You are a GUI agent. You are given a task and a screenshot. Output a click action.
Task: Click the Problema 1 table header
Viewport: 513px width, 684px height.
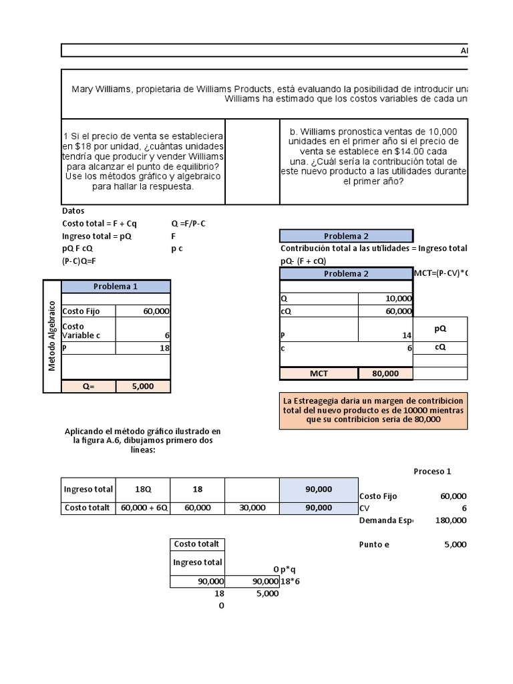point(116,287)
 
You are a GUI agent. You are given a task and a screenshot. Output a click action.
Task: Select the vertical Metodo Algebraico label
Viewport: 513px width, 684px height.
point(52,335)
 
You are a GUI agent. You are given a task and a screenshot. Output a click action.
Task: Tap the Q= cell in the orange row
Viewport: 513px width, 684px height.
point(88,386)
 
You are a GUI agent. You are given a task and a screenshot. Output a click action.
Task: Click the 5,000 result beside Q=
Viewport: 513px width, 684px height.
point(144,386)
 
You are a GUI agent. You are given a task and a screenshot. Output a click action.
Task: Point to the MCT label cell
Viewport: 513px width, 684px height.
point(319,374)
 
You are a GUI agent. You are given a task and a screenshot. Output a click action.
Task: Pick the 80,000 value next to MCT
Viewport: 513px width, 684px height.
point(385,374)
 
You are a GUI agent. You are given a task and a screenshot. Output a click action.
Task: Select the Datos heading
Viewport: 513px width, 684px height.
point(73,210)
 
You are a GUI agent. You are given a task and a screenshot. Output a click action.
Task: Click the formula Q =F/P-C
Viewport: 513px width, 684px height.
point(189,223)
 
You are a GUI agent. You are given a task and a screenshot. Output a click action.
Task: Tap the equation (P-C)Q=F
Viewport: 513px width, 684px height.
point(79,261)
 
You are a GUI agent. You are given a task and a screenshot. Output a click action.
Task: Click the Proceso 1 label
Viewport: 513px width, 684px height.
point(432,471)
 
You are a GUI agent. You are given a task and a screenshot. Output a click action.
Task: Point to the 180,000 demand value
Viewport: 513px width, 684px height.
point(450,520)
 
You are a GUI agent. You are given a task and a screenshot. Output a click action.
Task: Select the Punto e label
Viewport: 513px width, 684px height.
point(374,544)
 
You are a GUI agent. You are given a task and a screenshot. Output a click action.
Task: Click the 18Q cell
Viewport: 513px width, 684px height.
point(143,490)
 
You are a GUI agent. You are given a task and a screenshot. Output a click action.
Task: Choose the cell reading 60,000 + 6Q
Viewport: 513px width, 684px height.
point(144,508)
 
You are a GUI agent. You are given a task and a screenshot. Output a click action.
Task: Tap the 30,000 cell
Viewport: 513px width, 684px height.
point(251,508)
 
